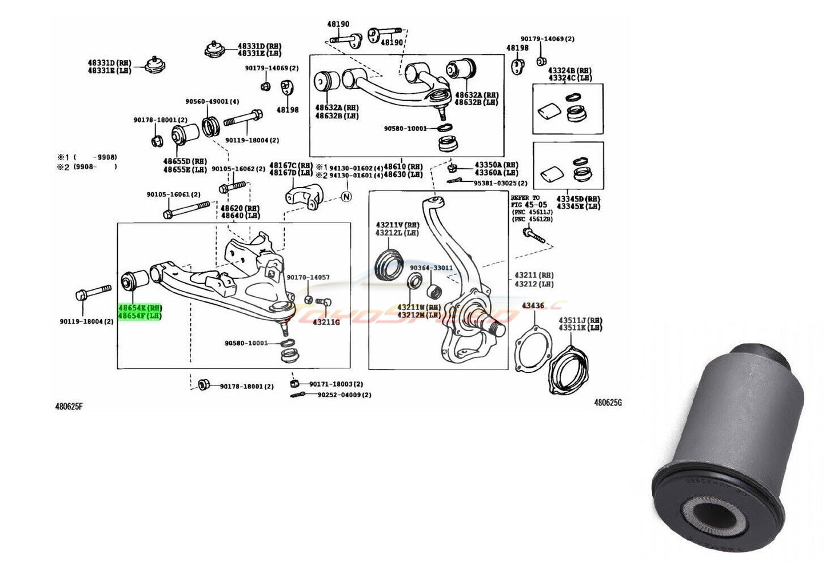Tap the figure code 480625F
69,407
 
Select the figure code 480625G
608,403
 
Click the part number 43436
533,306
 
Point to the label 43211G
326,322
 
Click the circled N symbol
346,197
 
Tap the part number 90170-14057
308,277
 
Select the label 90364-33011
431,268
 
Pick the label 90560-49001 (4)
212,102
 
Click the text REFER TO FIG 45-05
529,201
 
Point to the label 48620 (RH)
240,208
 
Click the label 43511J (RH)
580,320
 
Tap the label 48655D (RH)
185,162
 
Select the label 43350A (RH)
496,165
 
